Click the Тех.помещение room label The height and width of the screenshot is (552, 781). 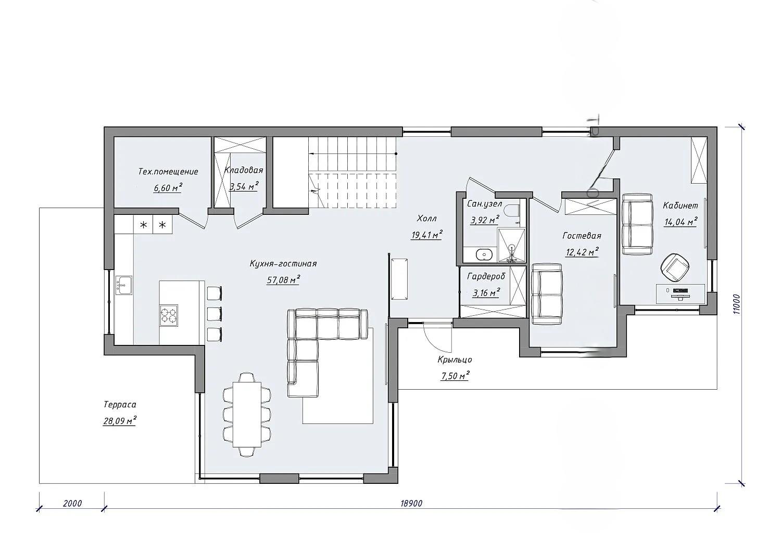[x=168, y=172]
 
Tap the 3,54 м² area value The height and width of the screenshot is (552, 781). [x=244, y=186]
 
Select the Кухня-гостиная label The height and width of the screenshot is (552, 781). [x=283, y=264]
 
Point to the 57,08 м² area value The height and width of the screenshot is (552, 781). [x=283, y=279]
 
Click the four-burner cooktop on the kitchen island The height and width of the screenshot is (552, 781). [x=169, y=315]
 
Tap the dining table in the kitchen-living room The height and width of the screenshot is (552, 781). [x=247, y=414]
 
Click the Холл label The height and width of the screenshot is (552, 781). [x=427, y=219]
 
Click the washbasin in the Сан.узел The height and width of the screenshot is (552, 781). [x=484, y=254]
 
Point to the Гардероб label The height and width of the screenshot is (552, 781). [x=486, y=277]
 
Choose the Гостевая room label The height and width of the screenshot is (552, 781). [x=582, y=236]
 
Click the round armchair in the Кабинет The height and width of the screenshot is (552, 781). [x=675, y=267]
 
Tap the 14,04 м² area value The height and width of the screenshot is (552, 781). [x=681, y=222]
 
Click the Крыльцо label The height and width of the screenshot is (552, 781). [x=455, y=360]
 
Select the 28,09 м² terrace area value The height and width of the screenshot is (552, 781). [x=120, y=420]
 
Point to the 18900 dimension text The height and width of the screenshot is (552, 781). [x=411, y=504]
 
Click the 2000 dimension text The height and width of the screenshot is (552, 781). [x=72, y=504]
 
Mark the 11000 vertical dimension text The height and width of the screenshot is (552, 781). [x=736, y=304]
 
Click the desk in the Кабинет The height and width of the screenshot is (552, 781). [x=680, y=294]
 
